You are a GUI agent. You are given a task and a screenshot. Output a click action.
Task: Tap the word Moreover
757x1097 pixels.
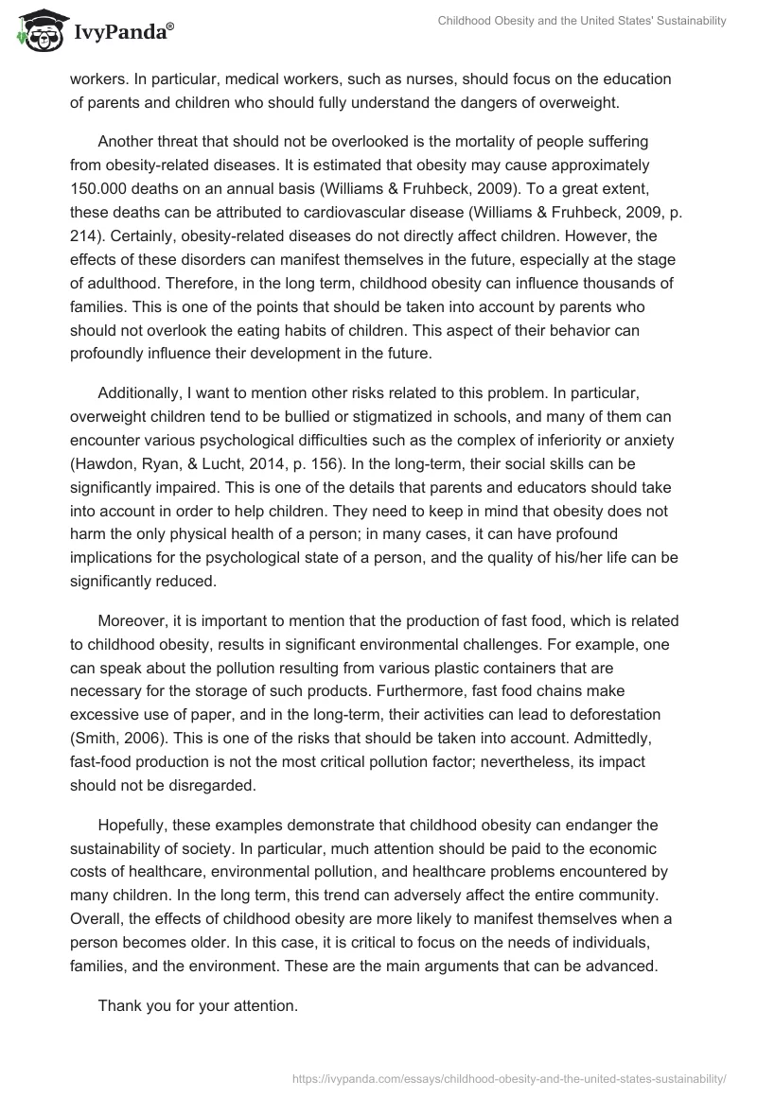tap(132, 621)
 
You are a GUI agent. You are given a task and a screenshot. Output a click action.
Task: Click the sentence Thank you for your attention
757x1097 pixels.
tap(198, 1005)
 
